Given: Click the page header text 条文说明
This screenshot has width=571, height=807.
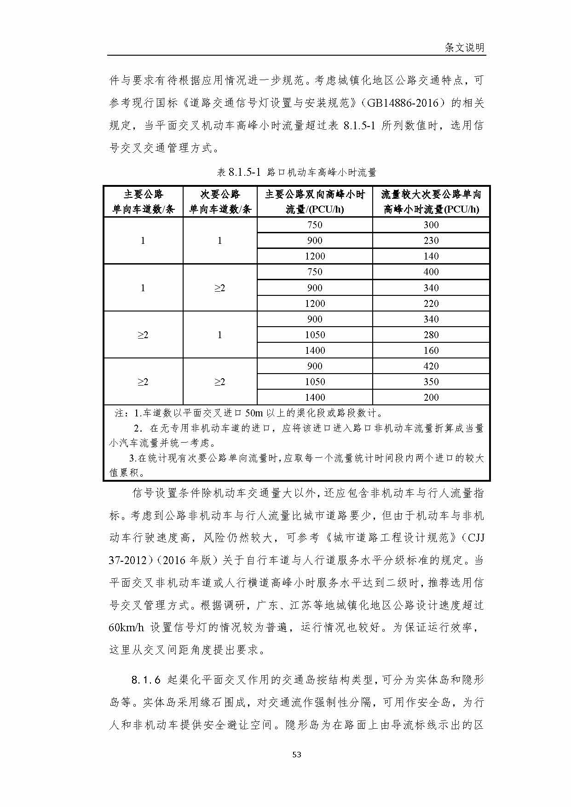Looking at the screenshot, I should pos(464,47).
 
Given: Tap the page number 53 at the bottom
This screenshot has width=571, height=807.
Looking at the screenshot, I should pos(297,767).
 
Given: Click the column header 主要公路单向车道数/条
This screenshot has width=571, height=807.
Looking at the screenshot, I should pos(143,202).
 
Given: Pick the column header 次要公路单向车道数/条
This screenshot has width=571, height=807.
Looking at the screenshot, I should pos(220,202).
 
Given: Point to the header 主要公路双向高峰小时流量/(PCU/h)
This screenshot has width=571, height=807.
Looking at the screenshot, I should pos(315,202).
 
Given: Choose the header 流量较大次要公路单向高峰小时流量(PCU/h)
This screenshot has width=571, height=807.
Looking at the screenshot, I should pos(431,202).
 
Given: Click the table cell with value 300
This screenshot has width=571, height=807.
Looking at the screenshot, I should pos(431,225).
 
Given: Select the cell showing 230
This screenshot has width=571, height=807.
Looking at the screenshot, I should pos(431,241).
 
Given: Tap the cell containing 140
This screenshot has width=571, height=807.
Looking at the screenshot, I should pos(431,256).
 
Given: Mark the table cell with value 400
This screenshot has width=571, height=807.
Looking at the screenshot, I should pos(431,272).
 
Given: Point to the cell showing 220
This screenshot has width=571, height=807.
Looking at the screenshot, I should pos(431,304).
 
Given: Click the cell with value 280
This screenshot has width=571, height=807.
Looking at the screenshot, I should pos(431,335).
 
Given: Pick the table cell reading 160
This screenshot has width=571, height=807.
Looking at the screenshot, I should pos(431,351).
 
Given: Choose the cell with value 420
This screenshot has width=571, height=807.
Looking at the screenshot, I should pos(431,366).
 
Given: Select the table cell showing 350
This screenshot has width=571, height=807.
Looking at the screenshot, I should pos(431,382).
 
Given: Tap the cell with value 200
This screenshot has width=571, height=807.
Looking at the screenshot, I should pos(431,398).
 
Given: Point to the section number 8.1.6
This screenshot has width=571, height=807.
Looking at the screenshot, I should pos(146,680).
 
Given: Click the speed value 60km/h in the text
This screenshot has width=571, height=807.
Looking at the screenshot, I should pos(127,628).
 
